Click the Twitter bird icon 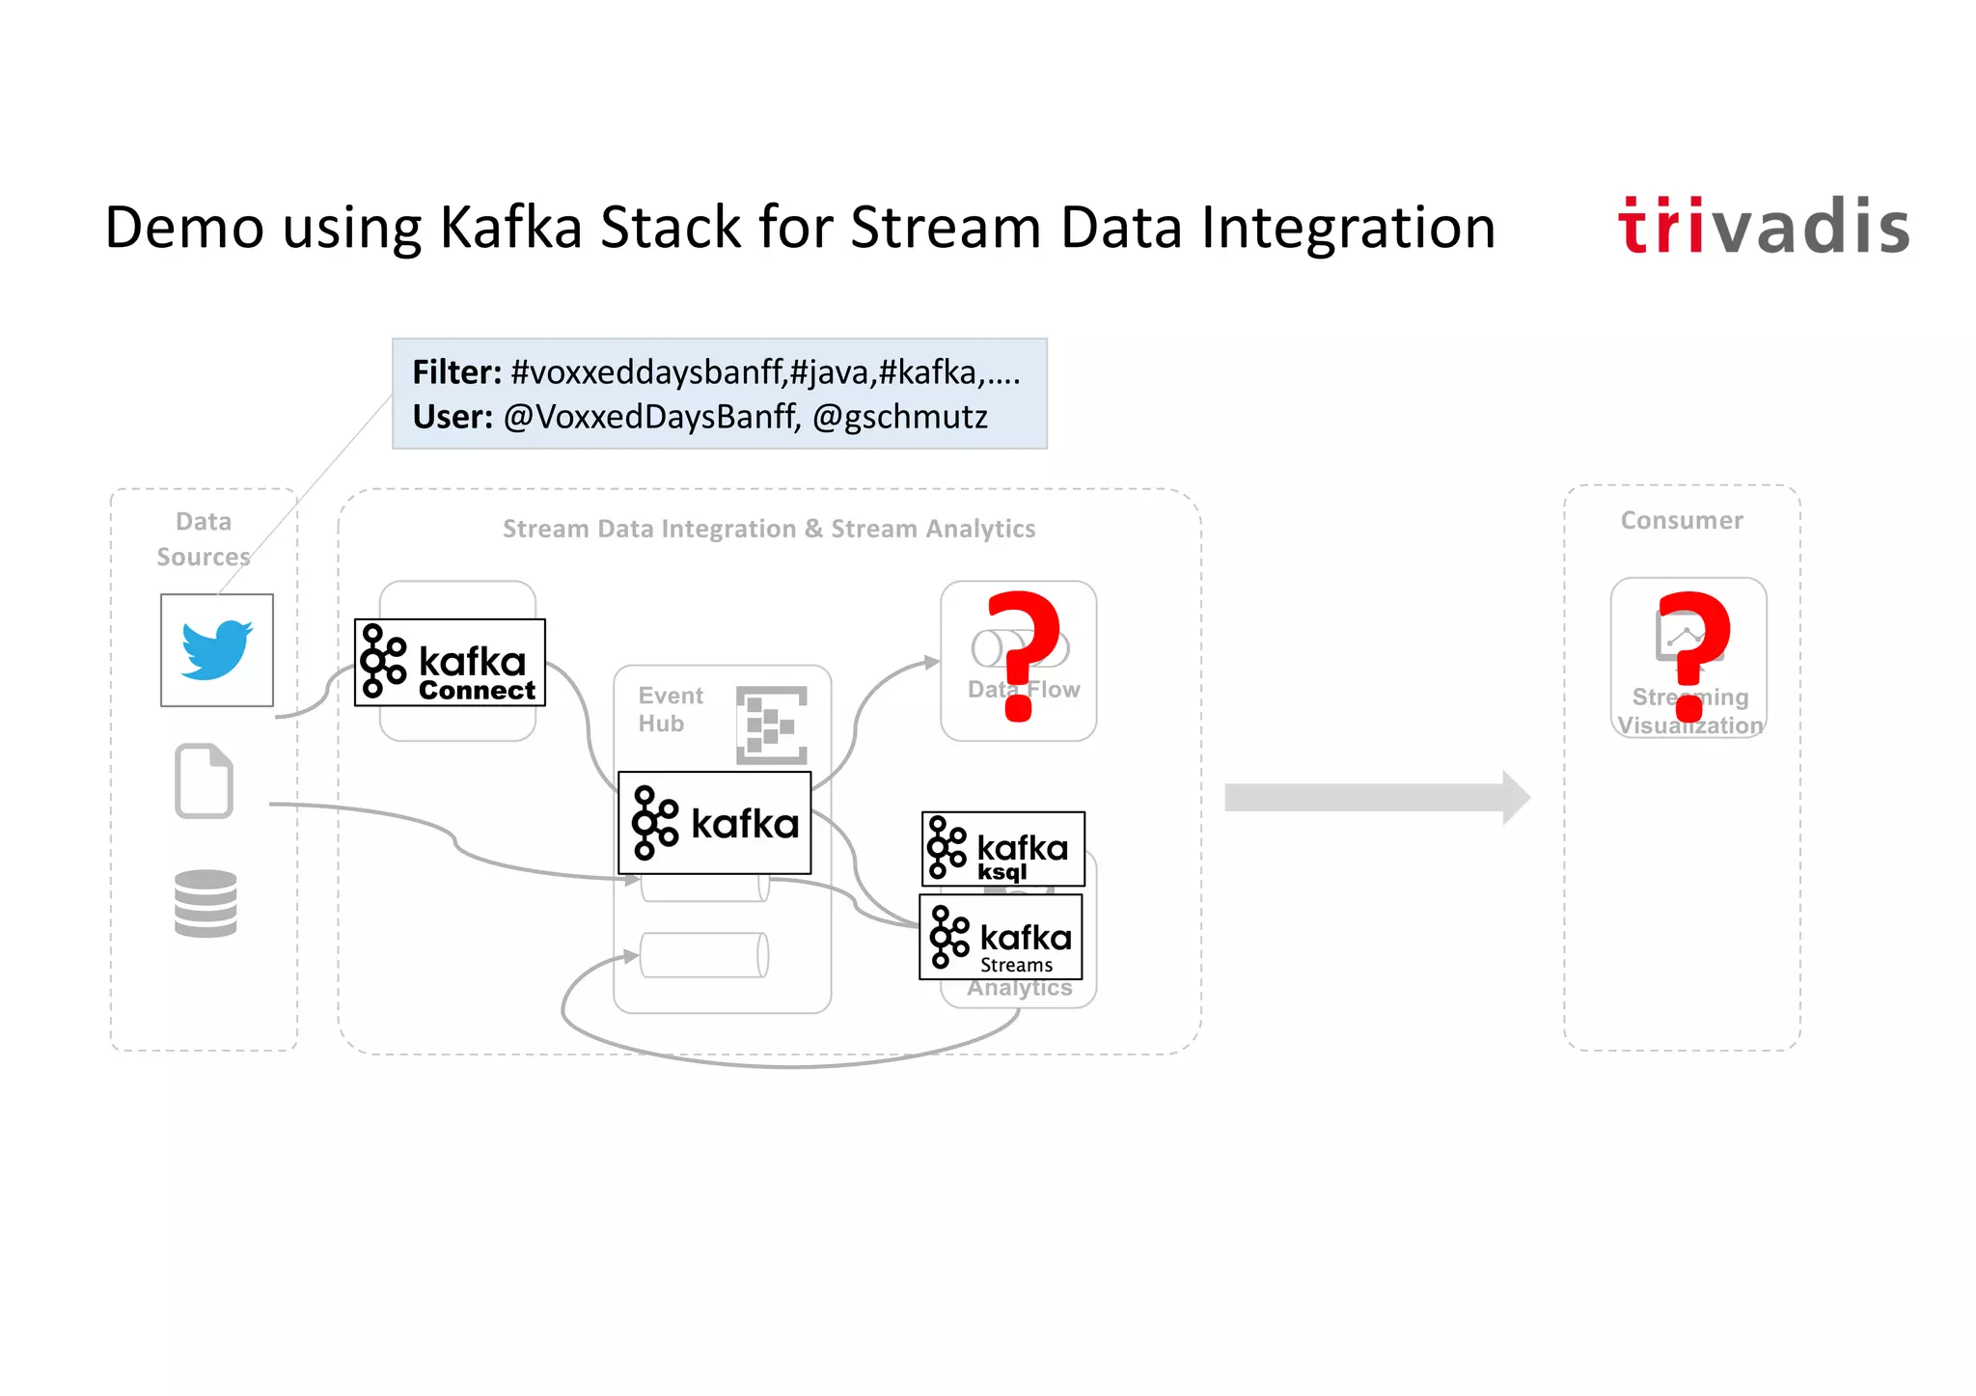tap(217, 650)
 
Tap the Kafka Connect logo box tap(450, 663)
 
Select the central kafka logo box tap(714, 823)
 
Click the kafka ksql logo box tap(1002, 849)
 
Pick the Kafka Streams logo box tap(1001, 937)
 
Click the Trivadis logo tap(1763, 227)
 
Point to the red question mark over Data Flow tap(1023, 655)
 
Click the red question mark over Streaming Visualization tap(1692, 655)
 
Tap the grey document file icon tap(204, 781)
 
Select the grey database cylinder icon tap(206, 903)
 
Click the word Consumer tap(1682, 521)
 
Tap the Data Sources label tap(204, 539)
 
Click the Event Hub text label tap(670, 709)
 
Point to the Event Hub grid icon tap(771, 725)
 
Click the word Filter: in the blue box tap(456, 372)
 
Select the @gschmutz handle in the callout tap(899, 417)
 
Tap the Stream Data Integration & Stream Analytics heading tap(768, 529)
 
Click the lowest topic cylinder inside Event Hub tap(704, 955)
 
